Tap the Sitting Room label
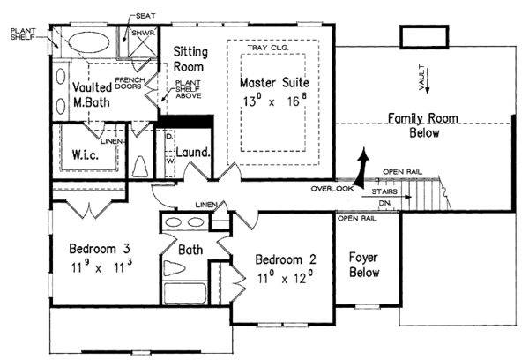pyautogui.click(x=189, y=59)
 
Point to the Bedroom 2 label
pyautogui.click(x=285, y=260)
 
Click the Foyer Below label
pyautogui.click(x=364, y=266)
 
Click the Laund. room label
pyautogui.click(x=193, y=153)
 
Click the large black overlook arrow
pyautogui.click(x=361, y=166)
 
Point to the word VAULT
pyautogui.click(x=422, y=76)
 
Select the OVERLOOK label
pyautogui.click(x=332, y=189)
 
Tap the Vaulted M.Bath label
pyautogui.click(x=92, y=95)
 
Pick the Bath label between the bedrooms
pyautogui.click(x=190, y=250)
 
